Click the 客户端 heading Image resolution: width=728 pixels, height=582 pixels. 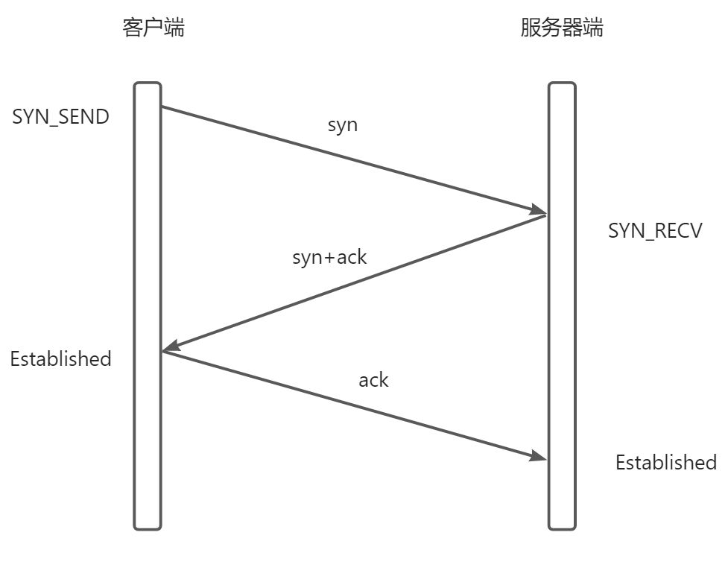click(153, 28)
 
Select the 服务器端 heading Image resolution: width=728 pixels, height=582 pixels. click(562, 28)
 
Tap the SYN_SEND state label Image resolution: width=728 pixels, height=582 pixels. click(61, 117)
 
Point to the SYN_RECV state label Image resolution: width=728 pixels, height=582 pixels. click(655, 230)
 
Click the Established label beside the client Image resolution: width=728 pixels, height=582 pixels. click(60, 358)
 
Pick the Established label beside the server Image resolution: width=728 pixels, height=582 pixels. click(665, 462)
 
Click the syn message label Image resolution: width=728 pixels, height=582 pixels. click(343, 124)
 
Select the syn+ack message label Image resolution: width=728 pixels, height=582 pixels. click(329, 257)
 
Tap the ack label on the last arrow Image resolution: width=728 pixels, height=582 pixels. click(373, 380)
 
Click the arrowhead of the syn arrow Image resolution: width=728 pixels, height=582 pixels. click(539, 210)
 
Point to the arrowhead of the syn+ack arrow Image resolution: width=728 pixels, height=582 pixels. click(171, 347)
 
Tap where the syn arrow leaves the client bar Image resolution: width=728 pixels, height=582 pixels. click(162, 107)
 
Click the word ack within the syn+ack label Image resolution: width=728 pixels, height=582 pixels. click(352, 257)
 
